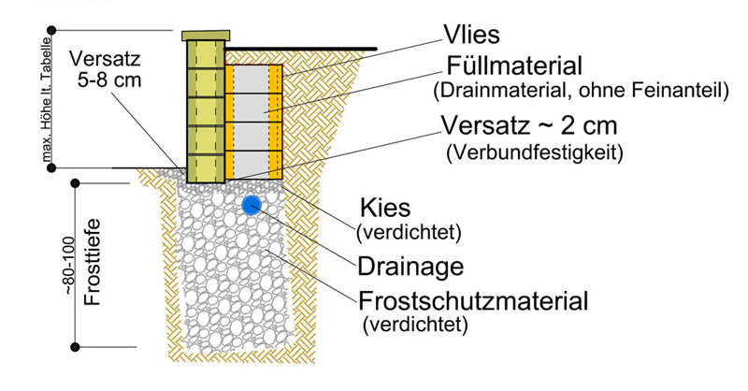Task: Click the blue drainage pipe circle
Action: (251, 205)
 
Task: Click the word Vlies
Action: (473, 36)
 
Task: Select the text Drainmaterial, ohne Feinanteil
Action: (581, 92)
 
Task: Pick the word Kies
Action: (382, 208)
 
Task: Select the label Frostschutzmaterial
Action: (473, 301)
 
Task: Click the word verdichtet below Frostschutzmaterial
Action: (414, 326)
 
